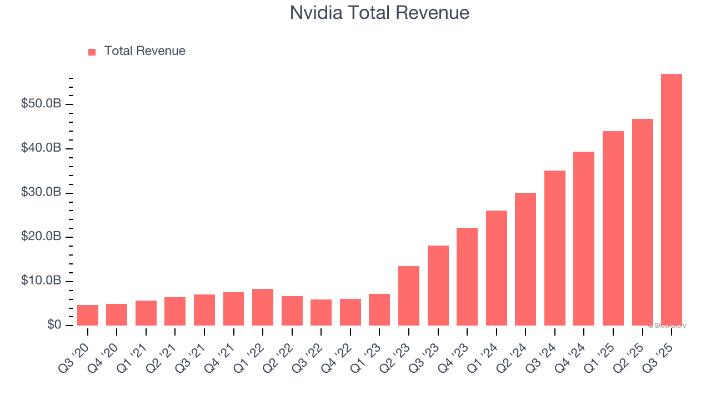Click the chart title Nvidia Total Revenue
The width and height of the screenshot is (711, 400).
379,13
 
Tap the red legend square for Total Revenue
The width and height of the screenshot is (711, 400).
92,52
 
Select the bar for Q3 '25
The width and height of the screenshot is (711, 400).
671,200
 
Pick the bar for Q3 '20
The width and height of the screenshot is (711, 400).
88,315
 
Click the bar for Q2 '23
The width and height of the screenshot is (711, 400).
409,296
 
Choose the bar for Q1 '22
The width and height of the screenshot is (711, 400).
263,307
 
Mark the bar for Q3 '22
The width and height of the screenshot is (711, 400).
321,312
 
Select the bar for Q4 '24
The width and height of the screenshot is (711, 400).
584,238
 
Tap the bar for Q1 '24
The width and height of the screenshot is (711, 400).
496,268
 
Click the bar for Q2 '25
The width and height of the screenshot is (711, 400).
642,222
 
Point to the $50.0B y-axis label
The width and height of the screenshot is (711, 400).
41,104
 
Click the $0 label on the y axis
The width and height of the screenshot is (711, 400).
54,325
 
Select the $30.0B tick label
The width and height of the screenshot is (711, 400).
41,192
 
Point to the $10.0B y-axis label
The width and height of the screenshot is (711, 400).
41,281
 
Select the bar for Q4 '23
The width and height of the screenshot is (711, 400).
467,276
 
